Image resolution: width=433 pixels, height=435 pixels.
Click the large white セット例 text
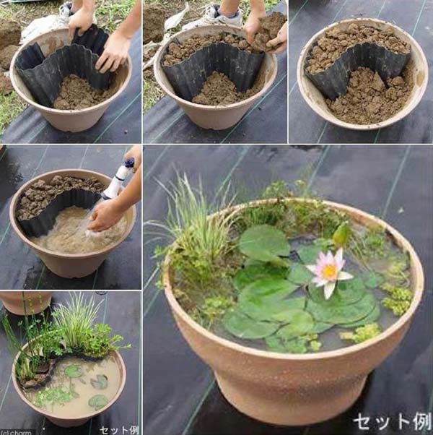391,420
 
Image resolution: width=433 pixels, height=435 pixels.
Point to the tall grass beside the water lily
191,231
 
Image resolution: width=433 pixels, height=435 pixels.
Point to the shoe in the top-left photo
66,9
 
